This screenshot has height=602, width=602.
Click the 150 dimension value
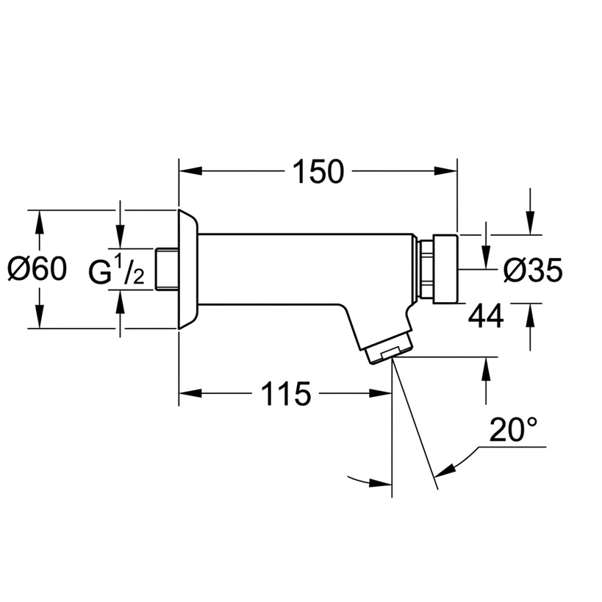point(318,171)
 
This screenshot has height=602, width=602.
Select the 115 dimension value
point(286,393)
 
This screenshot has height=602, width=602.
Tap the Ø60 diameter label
point(37,269)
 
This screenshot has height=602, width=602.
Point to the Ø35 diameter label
point(533,270)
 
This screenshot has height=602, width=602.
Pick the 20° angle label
point(514,429)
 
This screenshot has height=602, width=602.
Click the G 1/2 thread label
point(116,270)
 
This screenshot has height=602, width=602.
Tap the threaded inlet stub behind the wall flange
point(168,269)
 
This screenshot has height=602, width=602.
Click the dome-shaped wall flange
point(187,269)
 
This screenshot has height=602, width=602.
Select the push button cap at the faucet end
point(445,269)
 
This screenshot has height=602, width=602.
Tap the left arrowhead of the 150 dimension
point(190,171)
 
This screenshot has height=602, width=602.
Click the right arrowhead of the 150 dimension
point(445,171)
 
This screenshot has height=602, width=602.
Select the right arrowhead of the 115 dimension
point(380,393)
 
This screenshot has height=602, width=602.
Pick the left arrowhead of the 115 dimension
point(190,393)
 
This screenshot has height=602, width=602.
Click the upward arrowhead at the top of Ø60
point(39,222)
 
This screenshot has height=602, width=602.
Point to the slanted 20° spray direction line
point(415,423)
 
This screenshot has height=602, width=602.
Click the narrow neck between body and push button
point(426,269)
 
